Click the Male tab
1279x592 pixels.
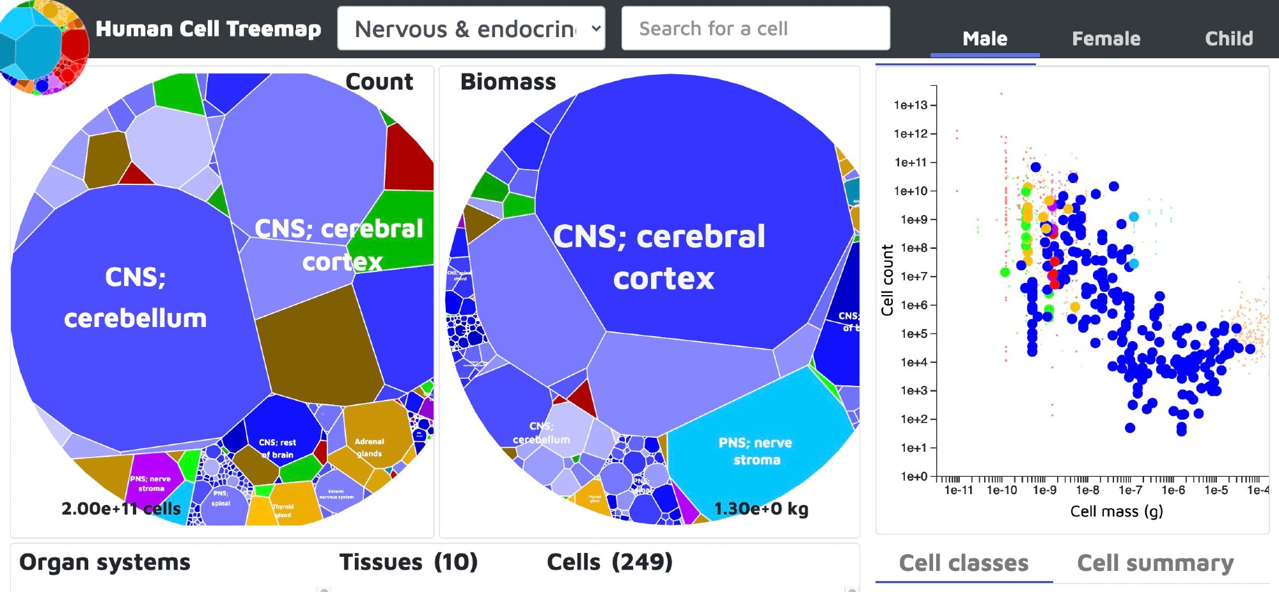[985, 38]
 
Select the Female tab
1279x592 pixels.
[1106, 38]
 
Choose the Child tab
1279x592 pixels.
[1228, 38]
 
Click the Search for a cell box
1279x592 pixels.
[755, 29]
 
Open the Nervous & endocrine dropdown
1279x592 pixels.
[471, 29]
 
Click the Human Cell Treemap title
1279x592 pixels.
[208, 29]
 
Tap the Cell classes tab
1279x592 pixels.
[964, 563]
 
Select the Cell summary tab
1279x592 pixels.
[1155, 563]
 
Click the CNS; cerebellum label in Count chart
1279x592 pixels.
[135, 298]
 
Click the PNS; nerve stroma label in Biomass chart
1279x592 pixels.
[755, 451]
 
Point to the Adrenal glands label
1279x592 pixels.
[369, 447]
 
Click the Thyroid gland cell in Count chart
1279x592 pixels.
[283, 510]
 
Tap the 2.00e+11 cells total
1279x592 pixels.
[121, 509]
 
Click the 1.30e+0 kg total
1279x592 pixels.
[761, 509]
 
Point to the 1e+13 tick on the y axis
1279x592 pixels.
[911, 105]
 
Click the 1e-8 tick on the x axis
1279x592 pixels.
[1087, 490]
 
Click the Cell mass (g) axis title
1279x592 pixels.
[1117, 511]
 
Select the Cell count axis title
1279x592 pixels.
[887, 280]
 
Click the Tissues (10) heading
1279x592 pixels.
[408, 562]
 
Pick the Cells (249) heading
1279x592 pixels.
[609, 562]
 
